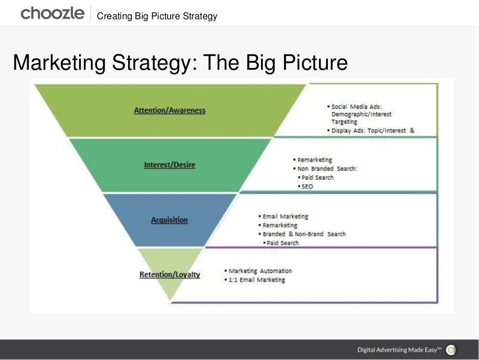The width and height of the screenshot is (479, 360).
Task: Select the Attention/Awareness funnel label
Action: pyautogui.click(x=169, y=110)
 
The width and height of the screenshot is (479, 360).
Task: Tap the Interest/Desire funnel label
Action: pyautogui.click(x=169, y=165)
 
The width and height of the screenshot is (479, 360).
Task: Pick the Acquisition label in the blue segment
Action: pyautogui.click(x=169, y=220)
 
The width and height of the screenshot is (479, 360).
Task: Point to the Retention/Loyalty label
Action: pyautogui.click(x=169, y=275)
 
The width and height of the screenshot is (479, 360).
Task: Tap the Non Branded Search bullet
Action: pyautogui.click(x=327, y=169)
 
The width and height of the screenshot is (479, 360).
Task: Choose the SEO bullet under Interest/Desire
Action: pyautogui.click(x=307, y=186)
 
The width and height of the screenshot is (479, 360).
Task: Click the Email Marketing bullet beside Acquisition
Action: pyautogui.click(x=284, y=216)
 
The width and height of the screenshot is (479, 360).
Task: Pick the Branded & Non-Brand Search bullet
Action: pyautogui.click(x=303, y=234)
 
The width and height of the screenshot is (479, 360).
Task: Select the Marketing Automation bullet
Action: pyautogui.click(x=259, y=271)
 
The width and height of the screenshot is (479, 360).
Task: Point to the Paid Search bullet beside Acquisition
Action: pyautogui.click(x=282, y=242)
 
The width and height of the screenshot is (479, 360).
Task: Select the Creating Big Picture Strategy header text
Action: pyautogui.click(x=157, y=16)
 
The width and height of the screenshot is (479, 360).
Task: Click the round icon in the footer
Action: pyautogui.click(x=451, y=350)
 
